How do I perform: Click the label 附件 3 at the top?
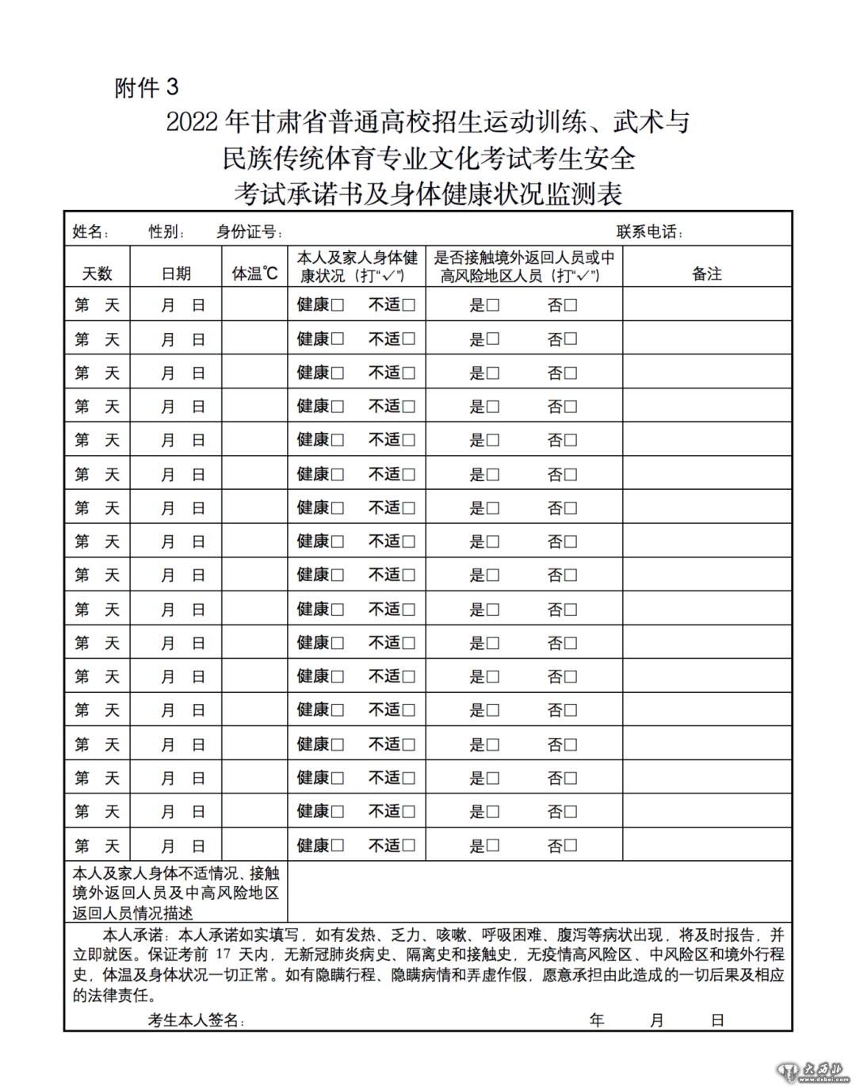(x=147, y=87)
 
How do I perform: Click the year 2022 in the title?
(x=191, y=122)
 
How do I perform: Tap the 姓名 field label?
(x=90, y=231)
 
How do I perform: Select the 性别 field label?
(x=166, y=231)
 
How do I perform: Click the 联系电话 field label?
(x=649, y=231)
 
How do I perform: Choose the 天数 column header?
(x=97, y=273)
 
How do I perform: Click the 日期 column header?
(x=176, y=273)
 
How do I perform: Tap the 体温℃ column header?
(x=254, y=273)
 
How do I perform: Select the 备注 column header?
(x=707, y=273)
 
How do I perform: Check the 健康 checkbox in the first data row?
(x=338, y=305)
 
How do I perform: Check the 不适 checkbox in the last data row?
(x=409, y=845)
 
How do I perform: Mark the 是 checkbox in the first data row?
(x=493, y=305)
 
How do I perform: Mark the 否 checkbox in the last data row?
(x=571, y=845)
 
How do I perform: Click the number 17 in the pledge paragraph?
(x=224, y=954)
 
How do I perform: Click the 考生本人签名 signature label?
(x=195, y=1020)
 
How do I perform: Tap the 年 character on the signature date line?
(x=597, y=1020)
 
